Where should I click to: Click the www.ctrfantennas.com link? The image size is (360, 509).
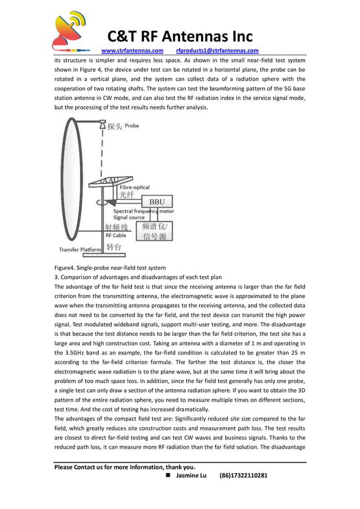tap(132, 51)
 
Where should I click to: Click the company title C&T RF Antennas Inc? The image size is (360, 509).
tap(180, 37)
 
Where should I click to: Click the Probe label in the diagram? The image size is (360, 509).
tap(131, 126)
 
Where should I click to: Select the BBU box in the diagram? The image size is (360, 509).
tap(157, 201)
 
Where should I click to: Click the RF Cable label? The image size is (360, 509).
tap(116, 235)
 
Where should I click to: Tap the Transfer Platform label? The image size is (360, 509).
tap(80, 249)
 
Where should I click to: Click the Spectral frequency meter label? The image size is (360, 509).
tap(143, 211)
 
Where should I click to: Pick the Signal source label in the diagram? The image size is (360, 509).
tap(129, 217)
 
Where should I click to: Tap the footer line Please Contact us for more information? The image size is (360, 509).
tap(125, 467)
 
